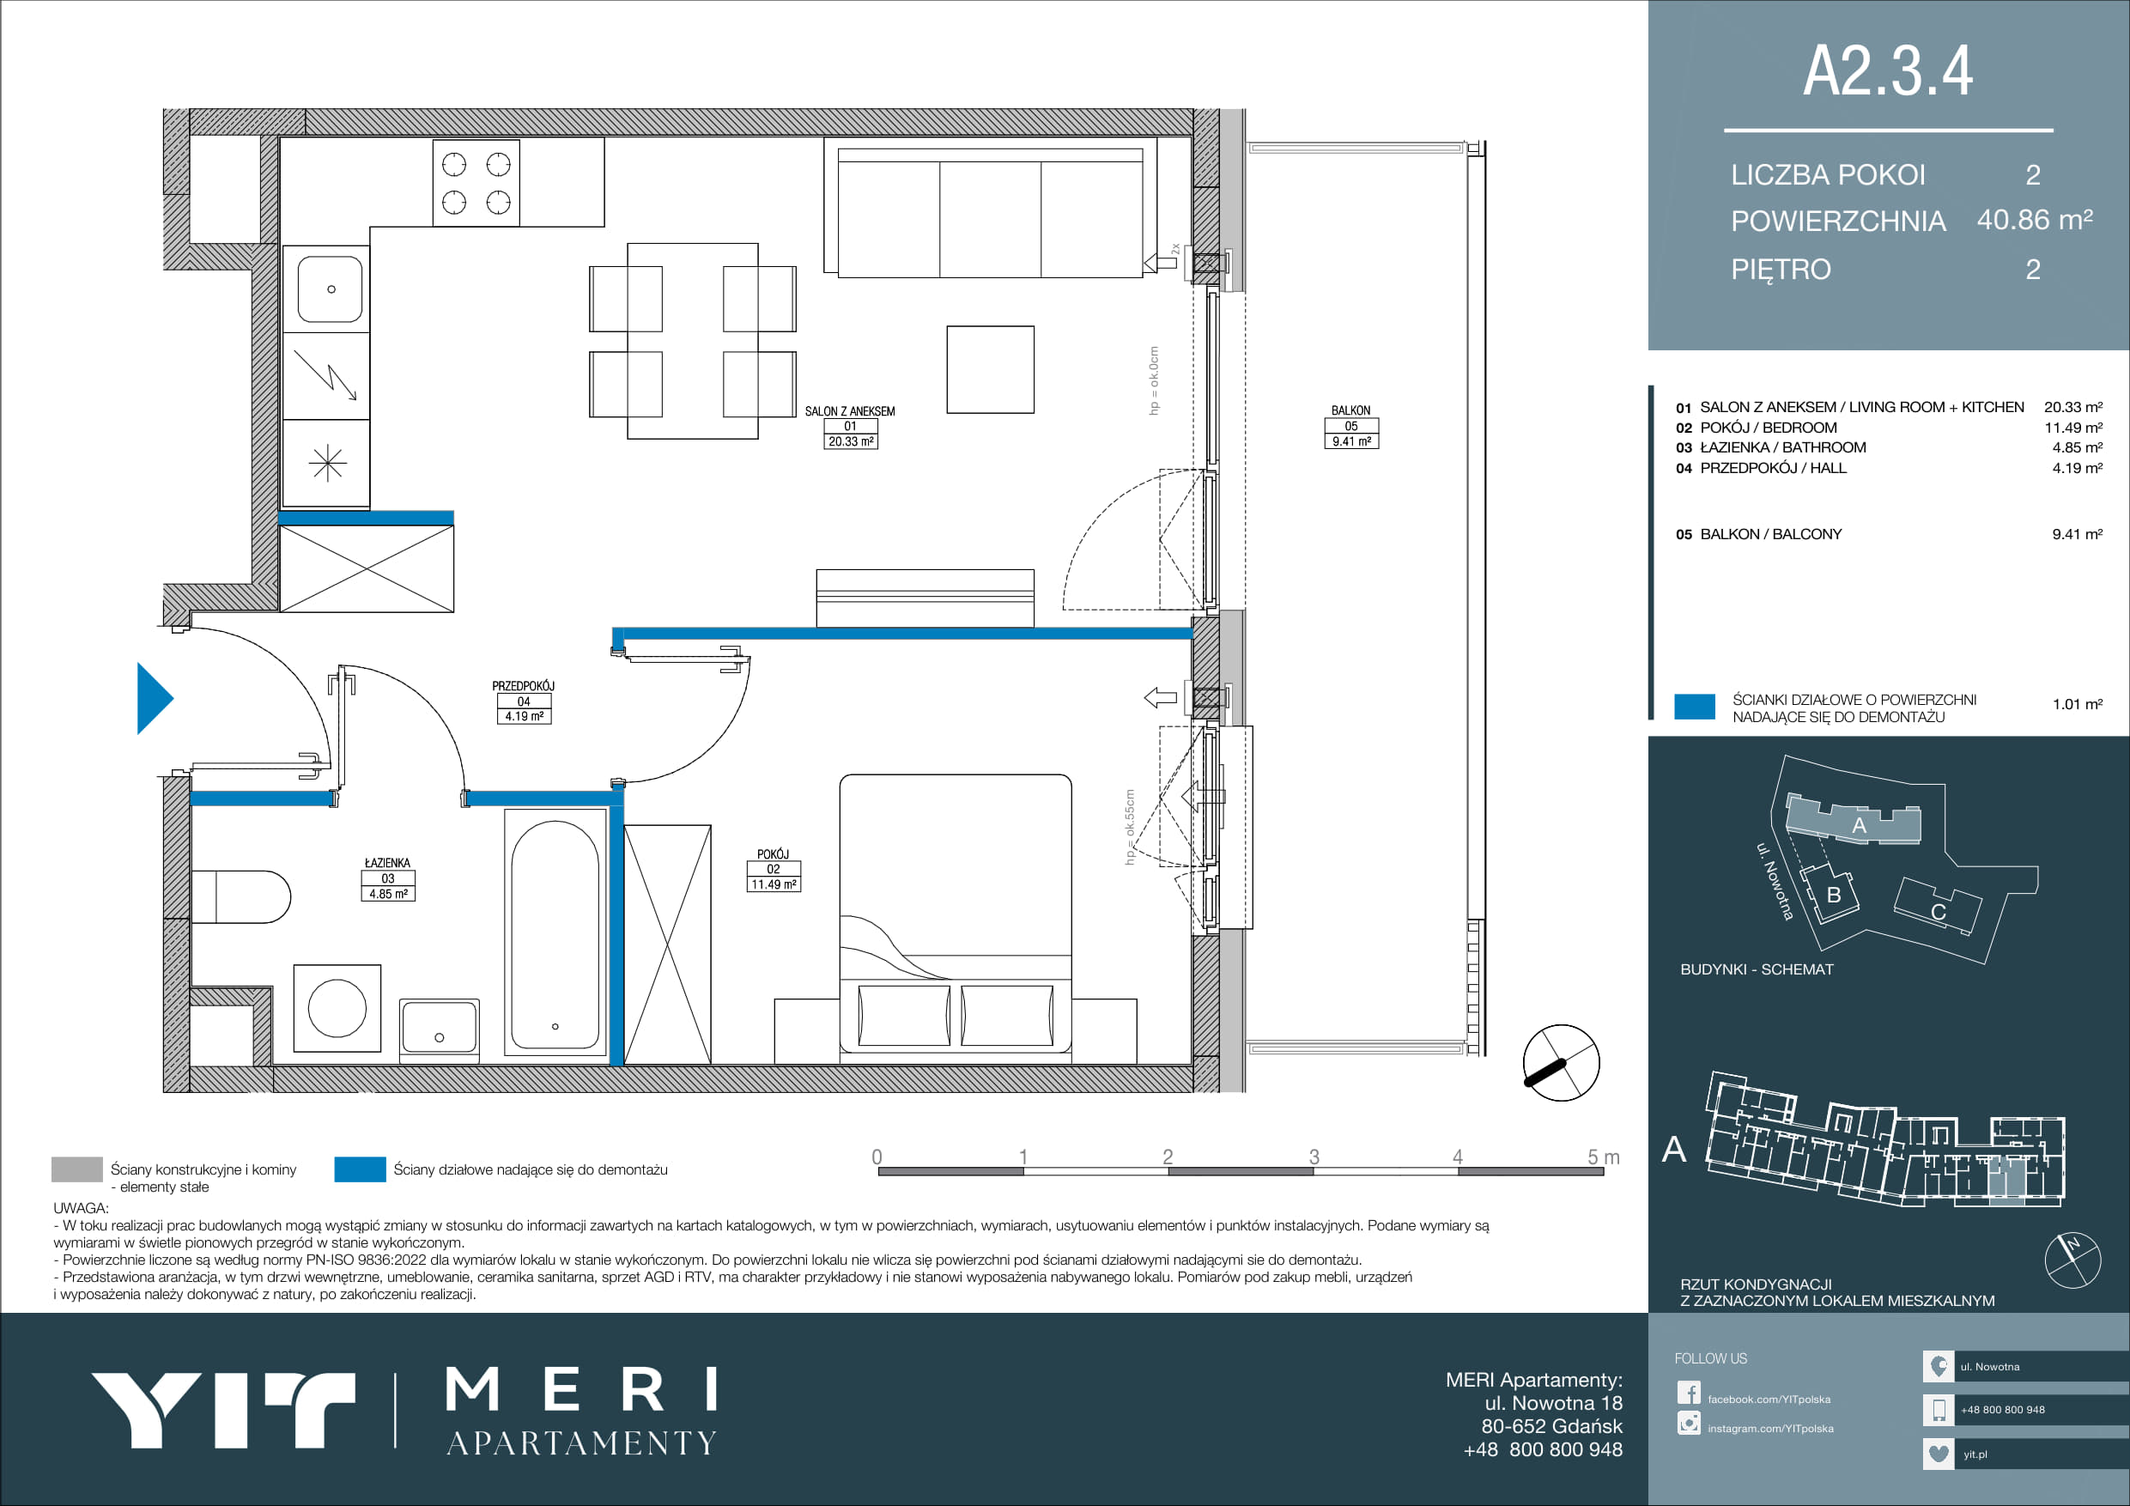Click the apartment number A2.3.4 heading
pyautogui.click(x=1888, y=70)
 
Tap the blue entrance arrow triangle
pyautogui.click(x=154, y=698)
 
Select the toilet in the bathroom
pyautogui.click(x=241, y=896)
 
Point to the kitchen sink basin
pyautogui.click(x=331, y=289)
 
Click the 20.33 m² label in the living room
pyautogui.click(x=851, y=441)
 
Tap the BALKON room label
pyautogui.click(x=1350, y=410)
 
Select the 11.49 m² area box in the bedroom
pyautogui.click(x=774, y=884)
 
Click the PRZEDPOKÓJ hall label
pyautogui.click(x=523, y=686)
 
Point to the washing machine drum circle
pyautogui.click(x=337, y=1008)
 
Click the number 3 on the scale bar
pyautogui.click(x=1314, y=1157)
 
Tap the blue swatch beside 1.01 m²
pyautogui.click(x=1694, y=706)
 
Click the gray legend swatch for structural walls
pyautogui.click(x=77, y=1169)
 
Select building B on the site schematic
pyautogui.click(x=1831, y=893)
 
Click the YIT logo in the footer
pyautogui.click(x=222, y=1410)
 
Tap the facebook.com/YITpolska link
pyautogui.click(x=1769, y=1400)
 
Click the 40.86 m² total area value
pyautogui.click(x=2035, y=220)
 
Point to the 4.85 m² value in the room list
pyautogui.click(x=2077, y=447)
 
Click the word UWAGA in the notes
pyautogui.click(x=81, y=1208)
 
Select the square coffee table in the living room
pyautogui.click(x=990, y=369)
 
